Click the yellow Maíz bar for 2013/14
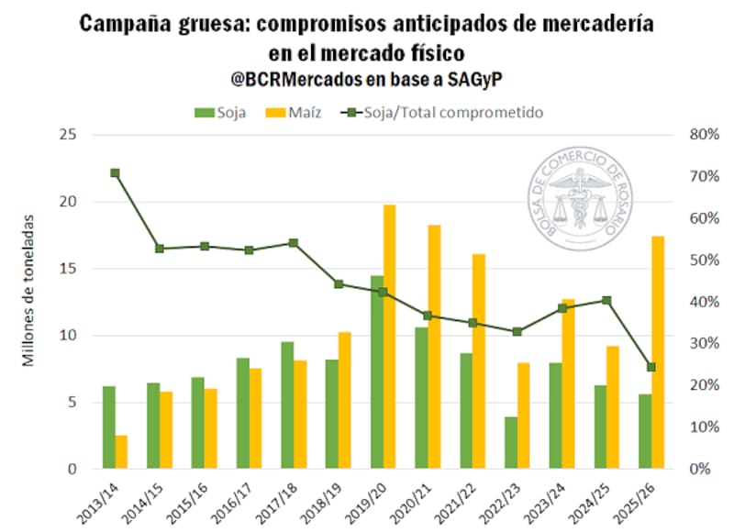(x=121, y=452)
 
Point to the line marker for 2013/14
(x=115, y=172)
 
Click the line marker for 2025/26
(x=651, y=367)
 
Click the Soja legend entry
(x=219, y=113)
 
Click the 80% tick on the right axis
(x=693, y=135)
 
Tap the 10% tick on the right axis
(x=693, y=427)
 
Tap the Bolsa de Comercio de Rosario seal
(x=584, y=200)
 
